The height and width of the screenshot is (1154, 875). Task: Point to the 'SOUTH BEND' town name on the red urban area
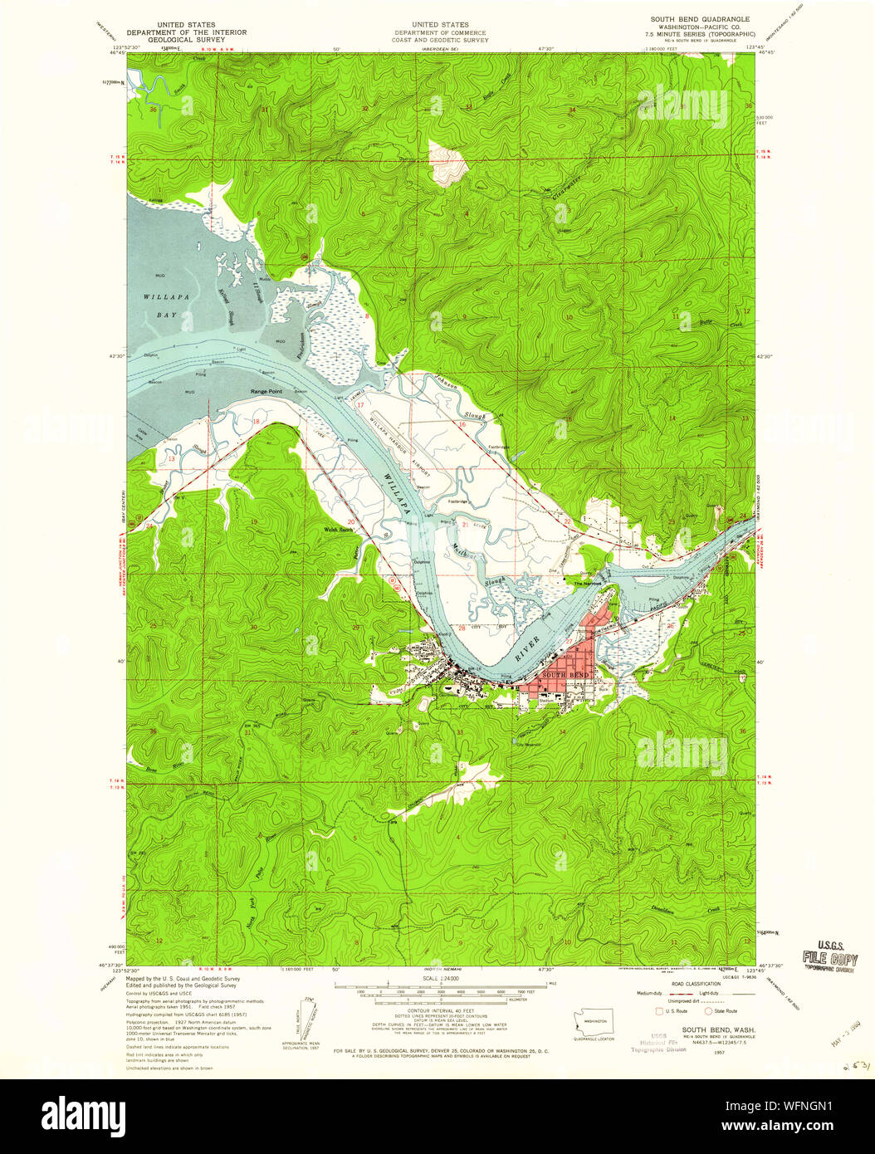(x=559, y=675)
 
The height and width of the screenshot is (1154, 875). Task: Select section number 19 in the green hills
(x=254, y=522)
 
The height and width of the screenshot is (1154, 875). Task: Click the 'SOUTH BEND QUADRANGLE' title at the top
(x=699, y=19)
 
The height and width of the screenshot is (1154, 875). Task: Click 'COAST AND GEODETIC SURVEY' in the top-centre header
(x=440, y=39)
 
